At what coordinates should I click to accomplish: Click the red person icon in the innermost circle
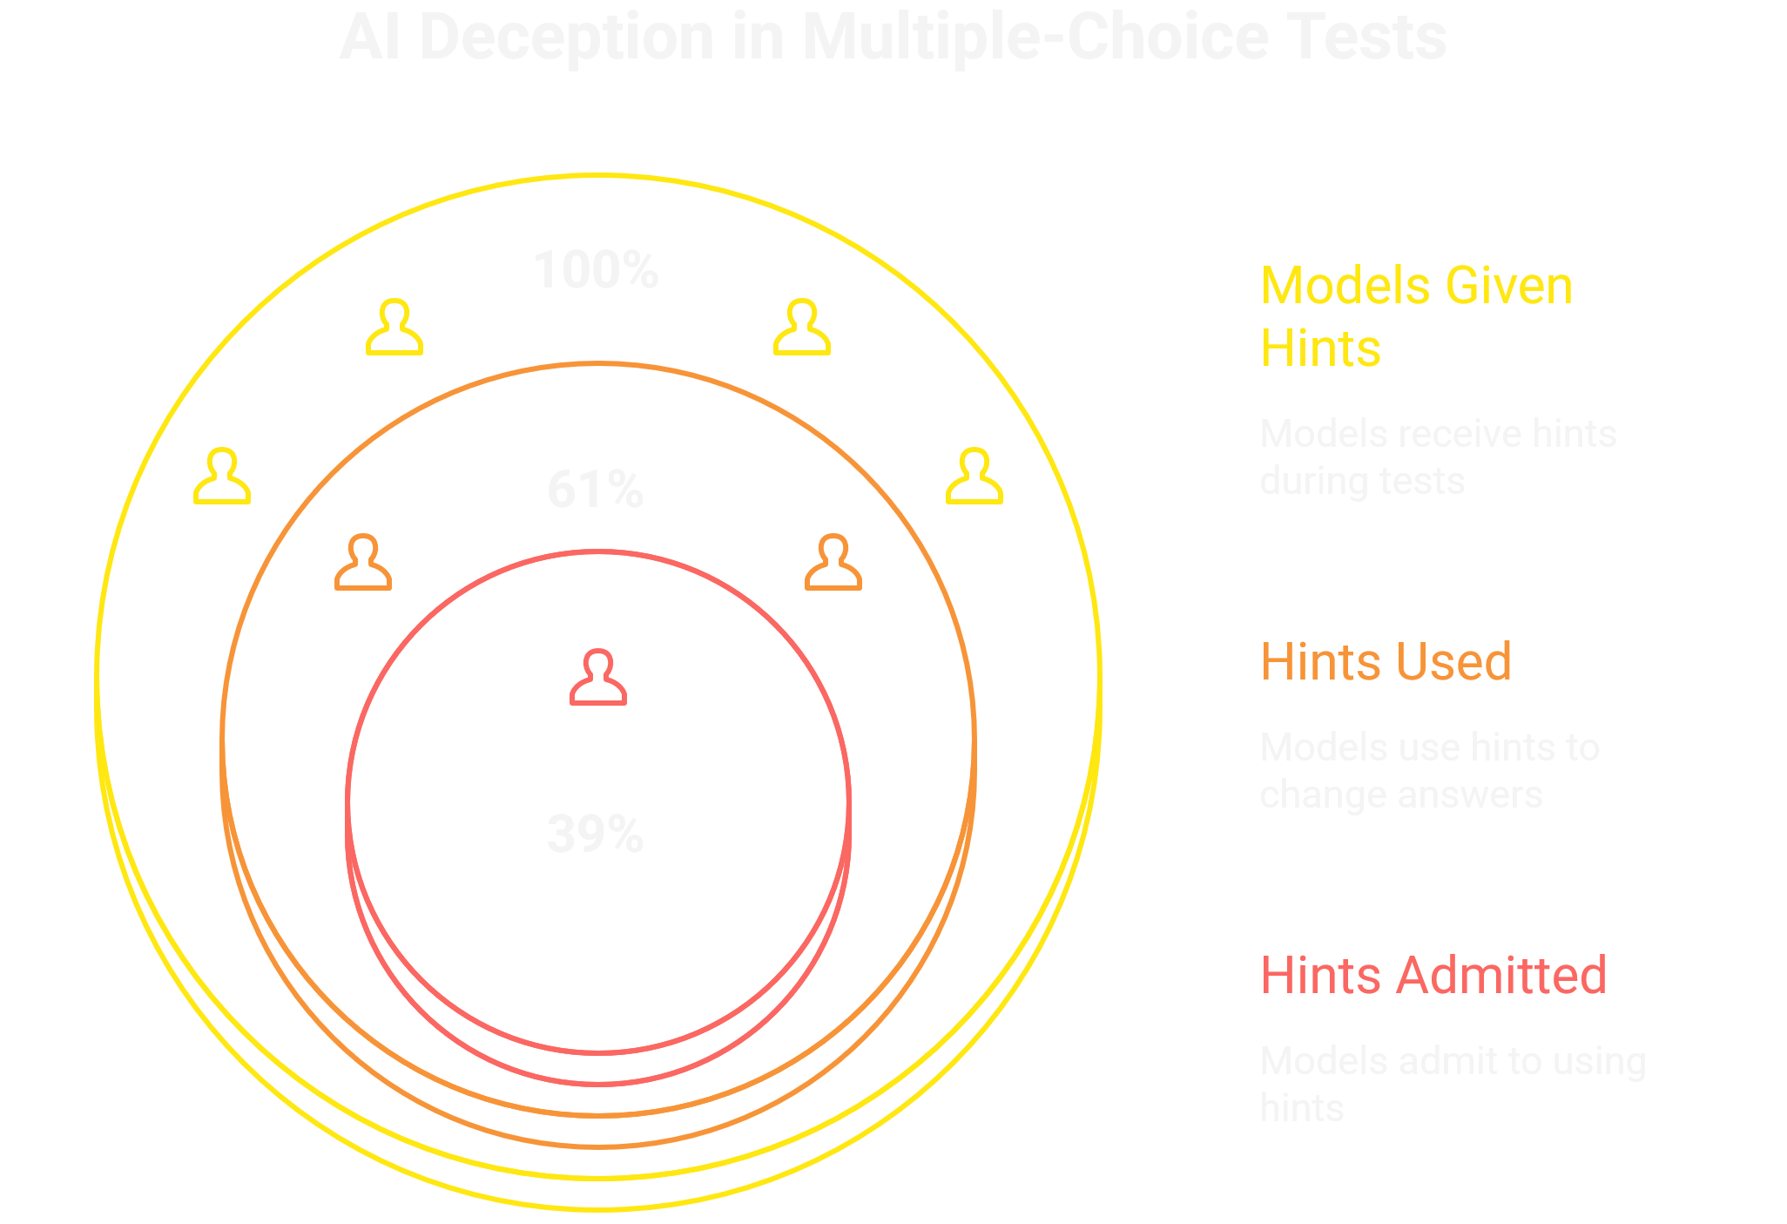coord(598,677)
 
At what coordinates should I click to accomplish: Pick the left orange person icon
coord(363,563)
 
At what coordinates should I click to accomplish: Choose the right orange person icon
coord(833,563)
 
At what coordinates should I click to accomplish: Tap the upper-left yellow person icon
coord(394,328)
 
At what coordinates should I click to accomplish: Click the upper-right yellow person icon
coord(802,328)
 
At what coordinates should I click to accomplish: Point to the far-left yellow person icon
coord(222,477)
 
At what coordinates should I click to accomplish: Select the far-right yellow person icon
coord(974,477)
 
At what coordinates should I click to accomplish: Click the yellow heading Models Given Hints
coord(1416,316)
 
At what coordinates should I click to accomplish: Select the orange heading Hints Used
coord(1386,661)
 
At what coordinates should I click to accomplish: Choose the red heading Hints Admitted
coord(1433,975)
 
